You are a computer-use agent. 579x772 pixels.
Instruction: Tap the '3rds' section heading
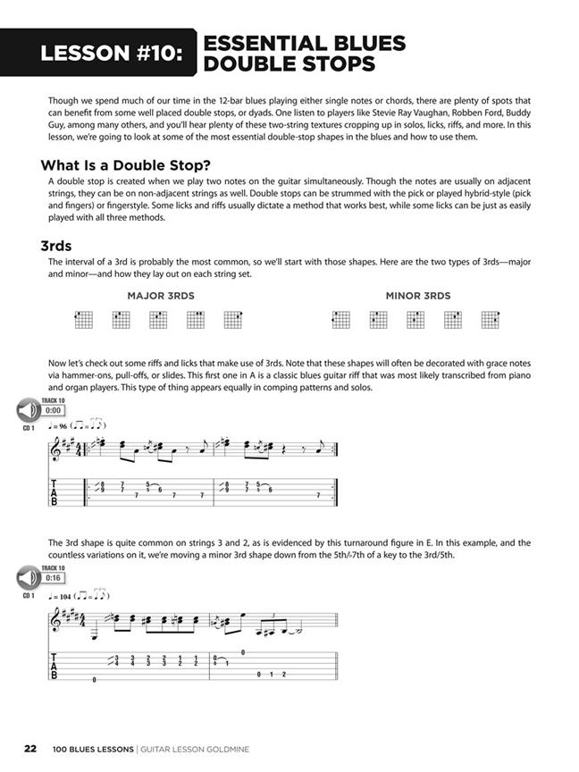tap(56, 244)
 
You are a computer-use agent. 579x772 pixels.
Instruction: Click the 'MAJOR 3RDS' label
tap(161, 296)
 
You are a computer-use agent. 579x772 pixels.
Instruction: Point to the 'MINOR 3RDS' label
tap(418, 296)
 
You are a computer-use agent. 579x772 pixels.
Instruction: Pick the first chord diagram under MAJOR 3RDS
tap(83, 320)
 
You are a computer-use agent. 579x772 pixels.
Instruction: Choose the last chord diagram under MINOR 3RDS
tap(490, 320)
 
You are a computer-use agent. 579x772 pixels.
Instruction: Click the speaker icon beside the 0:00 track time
tap(26, 410)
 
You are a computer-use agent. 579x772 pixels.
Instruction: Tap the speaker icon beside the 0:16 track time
tap(26, 578)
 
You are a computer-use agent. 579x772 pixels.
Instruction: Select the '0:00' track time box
tap(53, 410)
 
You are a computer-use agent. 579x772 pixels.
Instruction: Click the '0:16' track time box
tap(53, 578)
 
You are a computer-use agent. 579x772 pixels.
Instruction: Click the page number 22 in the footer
tap(30, 749)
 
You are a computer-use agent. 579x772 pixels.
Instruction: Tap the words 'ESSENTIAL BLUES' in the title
tap(305, 43)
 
